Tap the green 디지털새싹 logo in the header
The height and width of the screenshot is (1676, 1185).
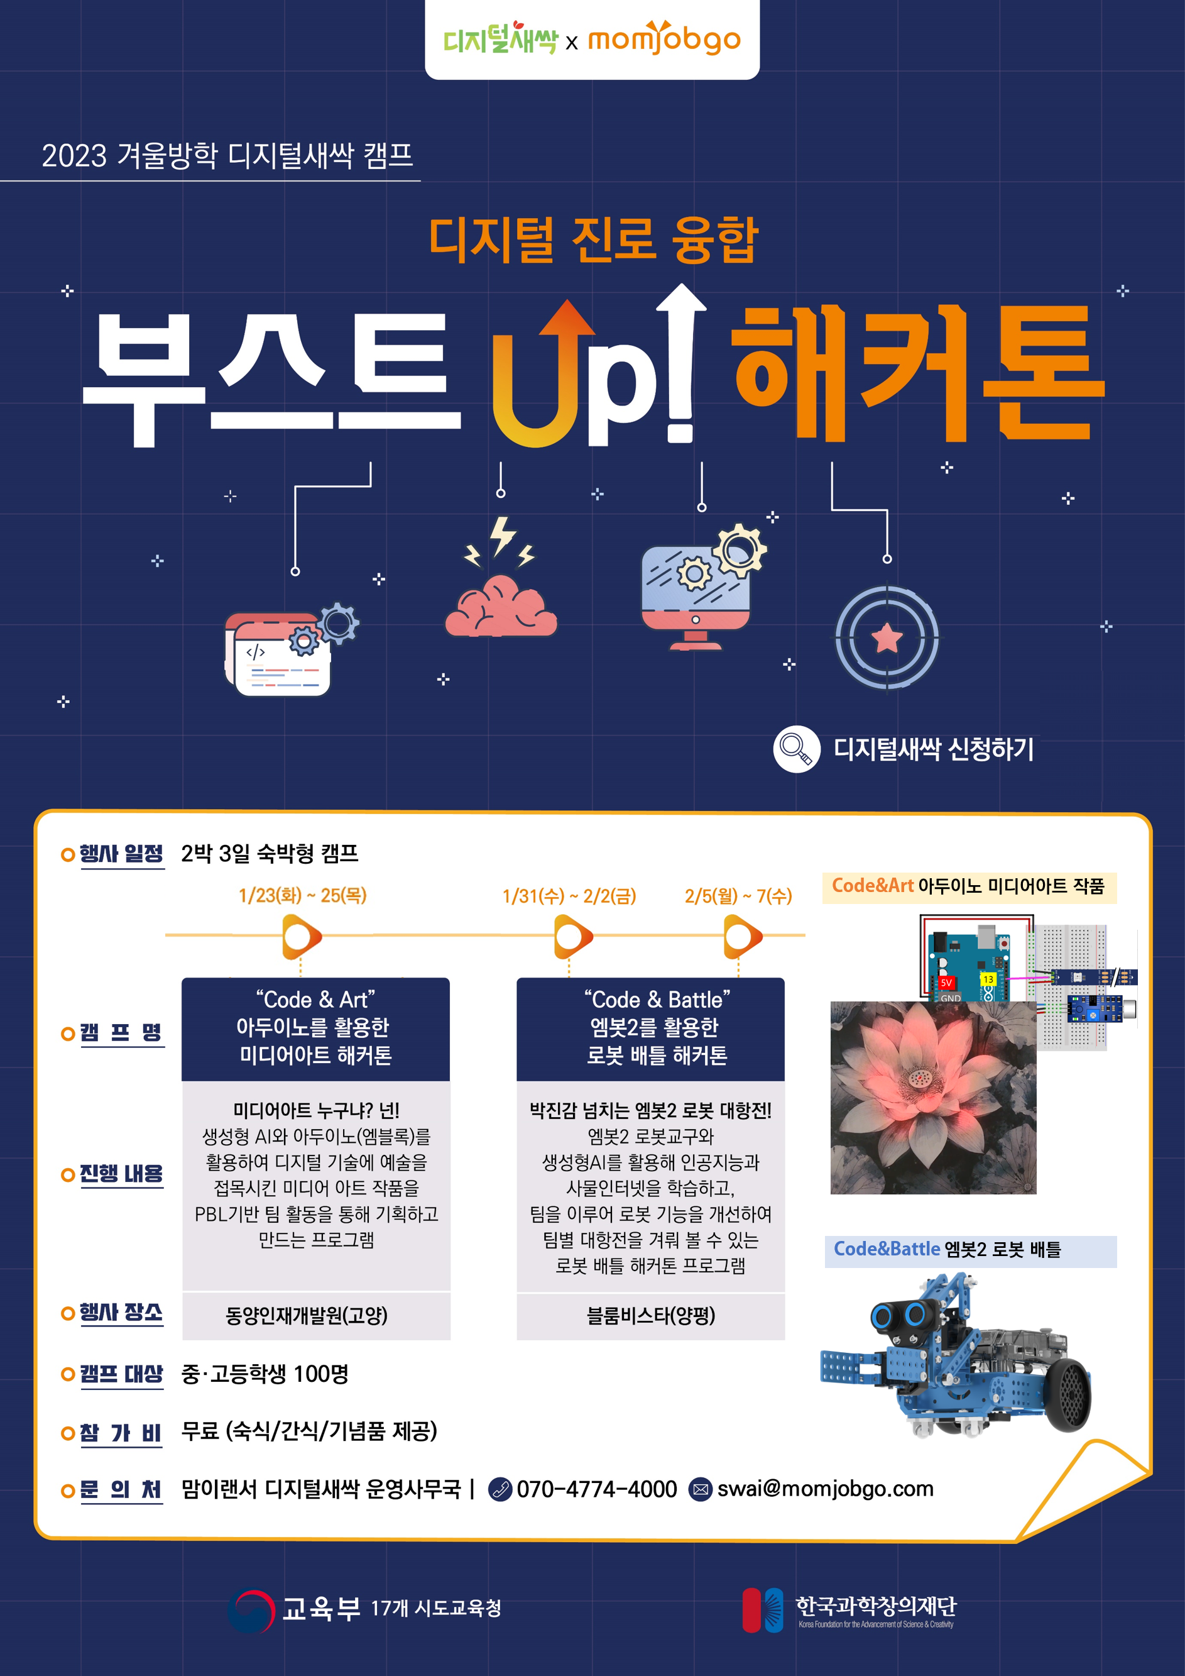500,39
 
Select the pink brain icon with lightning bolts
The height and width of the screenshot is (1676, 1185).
501,576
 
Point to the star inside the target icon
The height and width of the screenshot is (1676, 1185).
887,638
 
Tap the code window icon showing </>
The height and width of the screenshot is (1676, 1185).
291,649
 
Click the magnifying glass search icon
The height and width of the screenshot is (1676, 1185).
796,749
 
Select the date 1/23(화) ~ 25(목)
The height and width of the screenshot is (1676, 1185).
302,895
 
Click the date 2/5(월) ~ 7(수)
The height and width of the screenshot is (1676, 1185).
738,896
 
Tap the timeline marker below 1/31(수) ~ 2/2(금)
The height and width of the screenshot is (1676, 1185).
573,937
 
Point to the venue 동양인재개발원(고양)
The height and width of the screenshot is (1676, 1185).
307,1315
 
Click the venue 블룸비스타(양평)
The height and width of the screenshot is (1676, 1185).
651,1315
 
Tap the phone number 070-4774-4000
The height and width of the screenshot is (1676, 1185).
597,1489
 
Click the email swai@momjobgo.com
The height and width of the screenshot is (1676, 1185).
825,1489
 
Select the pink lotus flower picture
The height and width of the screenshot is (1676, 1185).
933,1098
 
